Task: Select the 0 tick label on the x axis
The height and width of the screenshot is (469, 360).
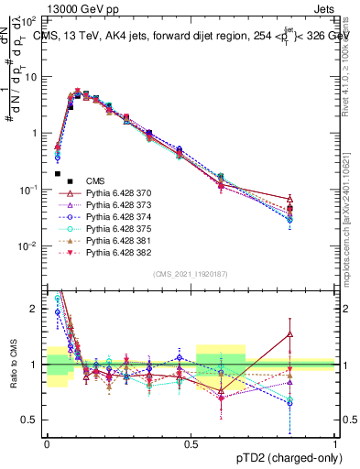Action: click(47, 442)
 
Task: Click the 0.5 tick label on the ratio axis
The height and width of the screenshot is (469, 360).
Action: click(33, 420)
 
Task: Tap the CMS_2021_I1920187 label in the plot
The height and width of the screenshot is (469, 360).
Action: click(190, 273)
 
